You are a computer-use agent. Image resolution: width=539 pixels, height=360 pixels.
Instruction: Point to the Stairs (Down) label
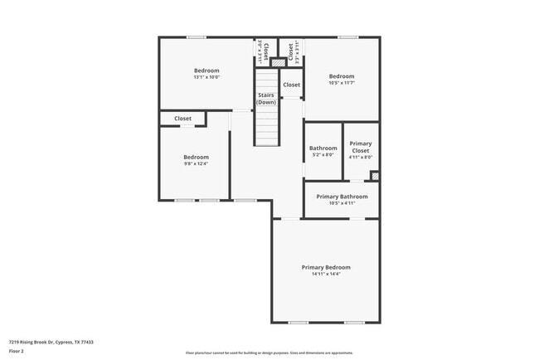tap(265, 99)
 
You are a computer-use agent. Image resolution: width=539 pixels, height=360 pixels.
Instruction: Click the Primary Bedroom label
tap(325, 267)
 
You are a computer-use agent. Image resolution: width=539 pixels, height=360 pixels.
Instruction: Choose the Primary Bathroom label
tap(341, 197)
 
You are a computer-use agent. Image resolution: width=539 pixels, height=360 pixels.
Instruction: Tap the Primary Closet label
tap(360, 147)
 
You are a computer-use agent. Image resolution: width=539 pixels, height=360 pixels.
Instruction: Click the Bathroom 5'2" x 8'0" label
tap(323, 151)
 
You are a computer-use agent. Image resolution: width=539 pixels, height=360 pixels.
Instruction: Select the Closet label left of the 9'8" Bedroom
tap(182, 119)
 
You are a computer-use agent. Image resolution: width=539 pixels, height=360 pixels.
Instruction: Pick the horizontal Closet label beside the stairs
tap(291, 85)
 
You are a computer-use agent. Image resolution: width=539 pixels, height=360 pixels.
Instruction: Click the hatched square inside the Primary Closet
tap(375, 176)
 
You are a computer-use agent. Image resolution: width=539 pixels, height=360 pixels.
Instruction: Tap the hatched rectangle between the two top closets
tap(278, 62)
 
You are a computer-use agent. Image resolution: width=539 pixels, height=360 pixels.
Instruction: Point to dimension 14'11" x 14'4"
tap(325, 275)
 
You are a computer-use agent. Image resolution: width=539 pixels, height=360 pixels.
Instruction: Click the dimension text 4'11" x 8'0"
tap(360, 157)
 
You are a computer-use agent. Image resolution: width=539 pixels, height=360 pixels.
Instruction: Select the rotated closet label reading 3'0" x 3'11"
tap(260, 51)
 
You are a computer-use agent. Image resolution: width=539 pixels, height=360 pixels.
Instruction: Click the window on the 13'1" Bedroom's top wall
tap(197, 37)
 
